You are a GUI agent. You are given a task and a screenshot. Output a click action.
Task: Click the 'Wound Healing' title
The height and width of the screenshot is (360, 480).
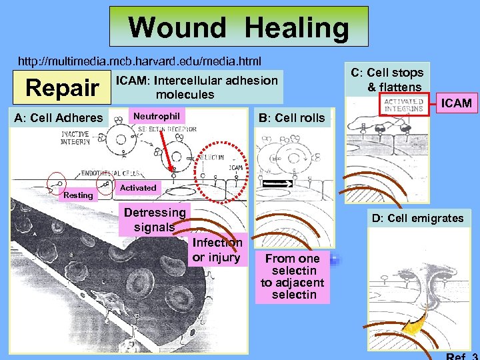239,27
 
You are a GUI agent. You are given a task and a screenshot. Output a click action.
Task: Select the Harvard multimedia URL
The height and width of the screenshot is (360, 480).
139,61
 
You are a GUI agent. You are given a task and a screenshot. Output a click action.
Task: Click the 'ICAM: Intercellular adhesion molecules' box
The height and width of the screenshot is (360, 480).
197,87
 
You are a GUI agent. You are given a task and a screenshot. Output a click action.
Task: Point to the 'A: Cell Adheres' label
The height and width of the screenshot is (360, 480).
59,118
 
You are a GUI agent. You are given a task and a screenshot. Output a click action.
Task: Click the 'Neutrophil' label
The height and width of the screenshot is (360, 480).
157,116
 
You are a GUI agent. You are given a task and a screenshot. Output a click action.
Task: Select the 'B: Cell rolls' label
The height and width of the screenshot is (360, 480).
291,118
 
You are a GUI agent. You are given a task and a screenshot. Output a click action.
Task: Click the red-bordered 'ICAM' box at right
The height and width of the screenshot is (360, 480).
456,103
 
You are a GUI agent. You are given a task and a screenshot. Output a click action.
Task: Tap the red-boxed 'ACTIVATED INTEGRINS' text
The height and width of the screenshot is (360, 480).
403,105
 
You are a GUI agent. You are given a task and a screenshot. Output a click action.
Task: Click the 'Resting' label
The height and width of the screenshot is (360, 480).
78,195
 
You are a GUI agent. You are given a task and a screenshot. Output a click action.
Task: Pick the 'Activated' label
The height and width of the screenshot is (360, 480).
138,188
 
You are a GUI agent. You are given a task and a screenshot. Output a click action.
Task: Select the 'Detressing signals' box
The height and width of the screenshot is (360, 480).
155,219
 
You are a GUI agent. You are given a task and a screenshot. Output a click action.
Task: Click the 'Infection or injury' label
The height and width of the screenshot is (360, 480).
216,250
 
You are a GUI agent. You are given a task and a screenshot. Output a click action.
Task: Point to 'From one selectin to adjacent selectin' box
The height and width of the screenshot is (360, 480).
294,276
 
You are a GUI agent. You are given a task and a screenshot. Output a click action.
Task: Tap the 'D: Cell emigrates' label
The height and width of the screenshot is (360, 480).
418,218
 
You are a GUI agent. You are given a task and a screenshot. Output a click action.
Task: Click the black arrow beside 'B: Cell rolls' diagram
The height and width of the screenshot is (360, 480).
277,181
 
